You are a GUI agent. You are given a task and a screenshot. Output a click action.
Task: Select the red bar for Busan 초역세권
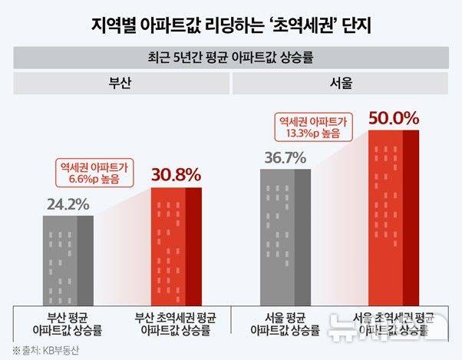coord(177,246)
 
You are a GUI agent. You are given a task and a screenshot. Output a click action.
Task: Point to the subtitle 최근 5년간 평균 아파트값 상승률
coord(231,58)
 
